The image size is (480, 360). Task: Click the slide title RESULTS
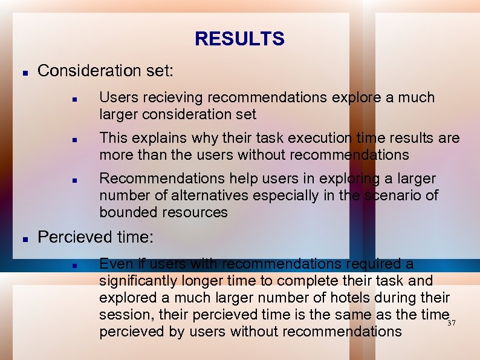coord(239,39)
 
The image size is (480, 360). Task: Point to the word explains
coord(157,139)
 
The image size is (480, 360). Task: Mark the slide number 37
coord(451,323)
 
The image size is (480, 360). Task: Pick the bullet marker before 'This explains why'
coord(73,139)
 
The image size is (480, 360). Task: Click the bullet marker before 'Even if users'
coord(73,264)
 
